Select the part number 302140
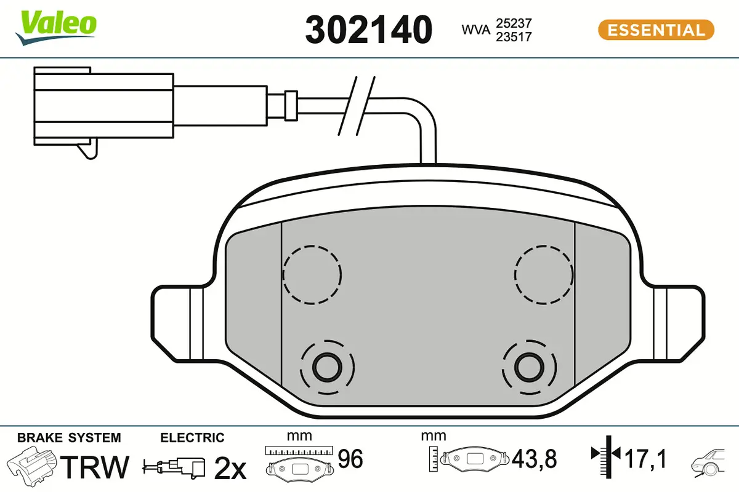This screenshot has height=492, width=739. point(368,30)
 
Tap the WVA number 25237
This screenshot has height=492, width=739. point(513,23)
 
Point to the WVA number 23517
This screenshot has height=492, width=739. point(513,37)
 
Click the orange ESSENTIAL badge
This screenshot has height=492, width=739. point(656,30)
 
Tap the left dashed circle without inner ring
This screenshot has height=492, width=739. point(312,274)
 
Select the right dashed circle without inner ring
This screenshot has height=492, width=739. point(544,274)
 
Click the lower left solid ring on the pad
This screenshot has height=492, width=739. point(327,368)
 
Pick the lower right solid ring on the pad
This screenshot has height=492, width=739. point(529,368)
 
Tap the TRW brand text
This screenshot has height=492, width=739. point(97,467)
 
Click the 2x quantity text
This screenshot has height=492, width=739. point(229,469)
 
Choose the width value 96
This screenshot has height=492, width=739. point(350,458)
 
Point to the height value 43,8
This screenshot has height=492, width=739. point(534,458)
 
